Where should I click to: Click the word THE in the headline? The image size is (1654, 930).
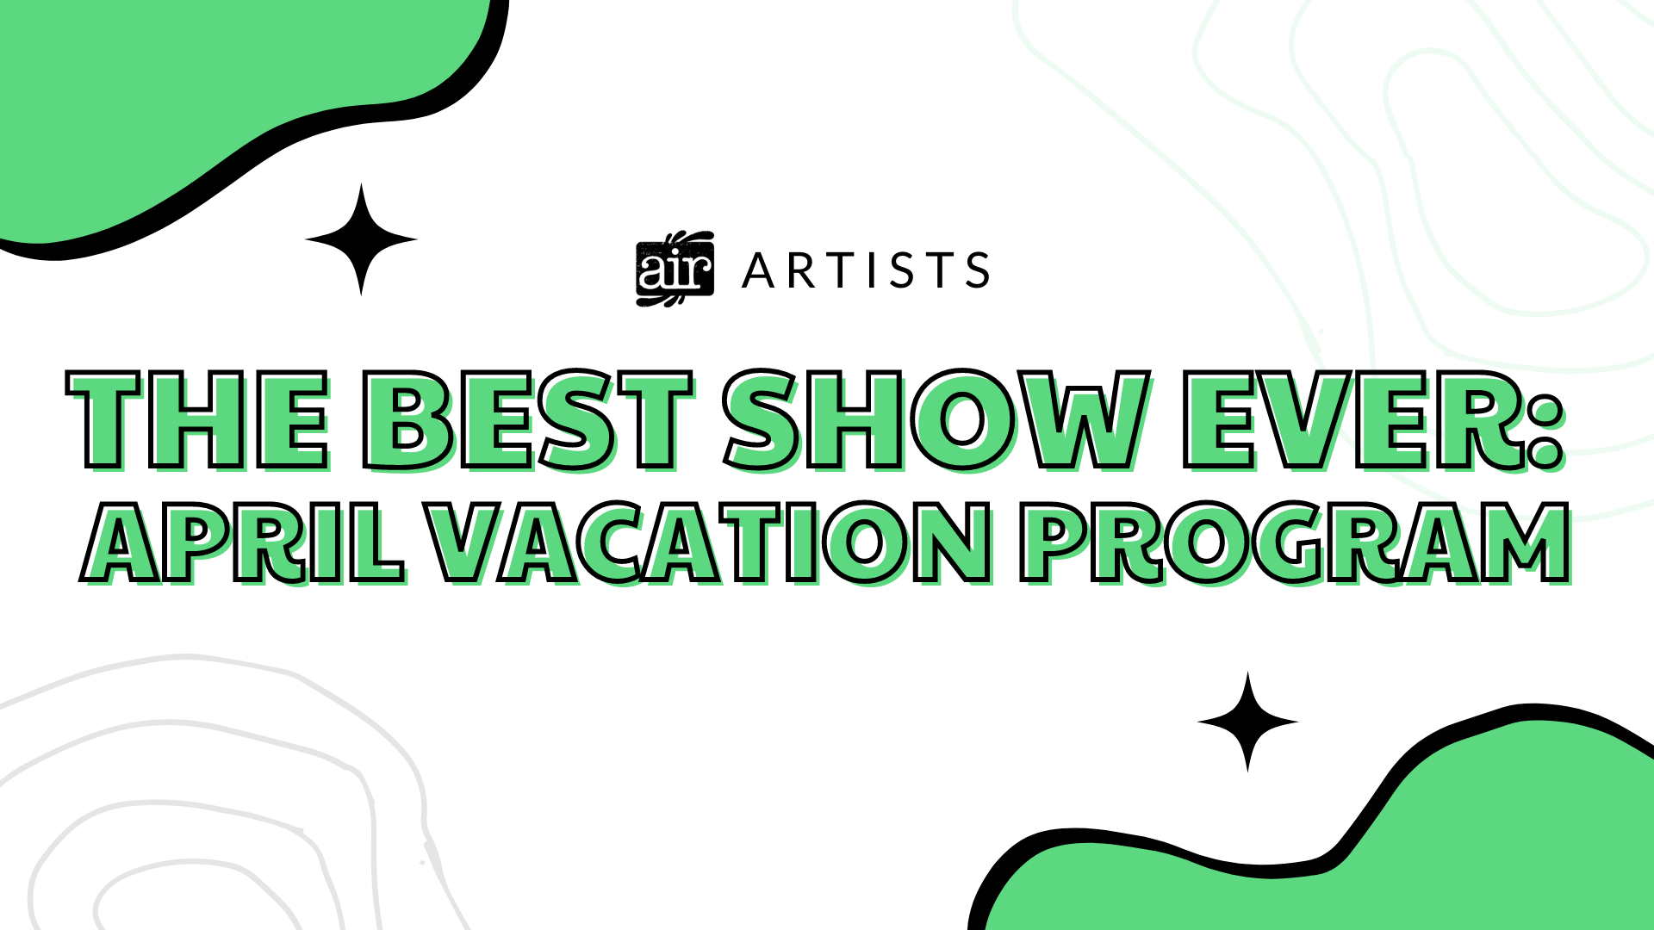click(x=199, y=421)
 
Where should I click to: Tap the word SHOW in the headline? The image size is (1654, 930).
click(x=937, y=421)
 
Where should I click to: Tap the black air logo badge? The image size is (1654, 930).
click(x=675, y=269)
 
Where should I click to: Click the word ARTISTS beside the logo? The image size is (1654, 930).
click(x=866, y=270)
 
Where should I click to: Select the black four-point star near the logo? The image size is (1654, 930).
click(x=361, y=239)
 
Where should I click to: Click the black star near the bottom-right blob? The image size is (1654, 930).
click(x=1247, y=722)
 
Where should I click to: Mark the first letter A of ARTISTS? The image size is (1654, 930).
click(x=759, y=270)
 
